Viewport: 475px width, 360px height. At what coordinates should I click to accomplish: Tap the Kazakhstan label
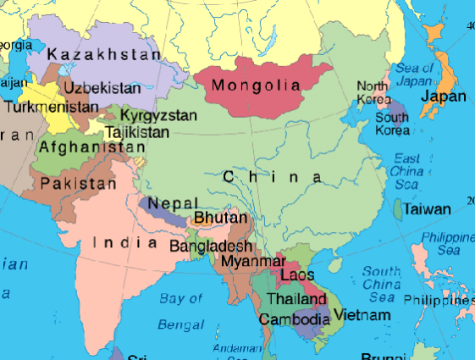(104, 54)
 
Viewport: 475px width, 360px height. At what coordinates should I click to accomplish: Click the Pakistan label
(79, 183)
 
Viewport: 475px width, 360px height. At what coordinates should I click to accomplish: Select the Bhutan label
(221, 218)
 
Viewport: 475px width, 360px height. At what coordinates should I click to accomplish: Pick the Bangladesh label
(212, 246)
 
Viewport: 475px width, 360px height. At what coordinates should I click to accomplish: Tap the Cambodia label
(294, 319)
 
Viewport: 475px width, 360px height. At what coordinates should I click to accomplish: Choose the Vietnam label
(362, 315)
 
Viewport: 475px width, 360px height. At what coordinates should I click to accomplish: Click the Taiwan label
(427, 208)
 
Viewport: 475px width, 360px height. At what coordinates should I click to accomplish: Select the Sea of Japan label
(407, 75)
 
